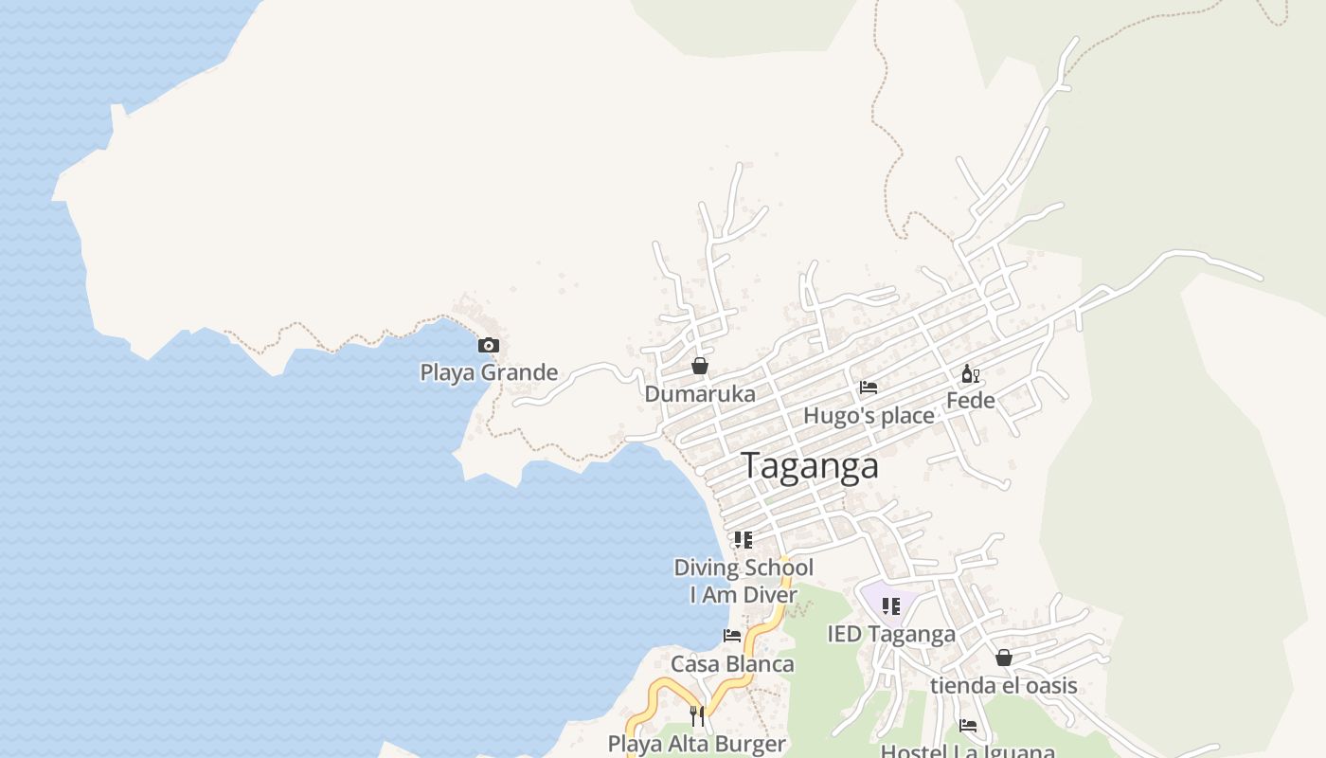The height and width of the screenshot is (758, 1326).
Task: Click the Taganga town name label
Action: tap(810, 466)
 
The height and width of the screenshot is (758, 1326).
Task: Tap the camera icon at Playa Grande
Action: tap(489, 345)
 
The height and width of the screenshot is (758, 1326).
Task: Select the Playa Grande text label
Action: tap(489, 372)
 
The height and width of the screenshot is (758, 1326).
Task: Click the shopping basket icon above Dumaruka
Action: tap(700, 366)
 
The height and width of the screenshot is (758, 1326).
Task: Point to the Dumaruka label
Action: tap(700, 394)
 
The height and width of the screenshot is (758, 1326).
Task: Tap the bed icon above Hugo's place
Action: tap(868, 388)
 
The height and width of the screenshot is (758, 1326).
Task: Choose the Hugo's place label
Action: tap(869, 416)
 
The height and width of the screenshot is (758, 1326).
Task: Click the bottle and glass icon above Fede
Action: tap(971, 374)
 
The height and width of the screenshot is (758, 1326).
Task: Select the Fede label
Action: tap(971, 401)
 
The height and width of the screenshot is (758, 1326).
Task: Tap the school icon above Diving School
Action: tap(744, 540)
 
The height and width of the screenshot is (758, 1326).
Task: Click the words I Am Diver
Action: tap(744, 595)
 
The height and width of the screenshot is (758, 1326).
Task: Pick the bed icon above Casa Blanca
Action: tap(732, 636)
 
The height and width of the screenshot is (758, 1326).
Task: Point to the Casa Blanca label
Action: tap(732, 664)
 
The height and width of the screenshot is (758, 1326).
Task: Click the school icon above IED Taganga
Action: tap(890, 605)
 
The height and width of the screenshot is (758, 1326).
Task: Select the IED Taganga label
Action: tap(891, 634)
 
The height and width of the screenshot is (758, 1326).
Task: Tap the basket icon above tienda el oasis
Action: tap(1004, 658)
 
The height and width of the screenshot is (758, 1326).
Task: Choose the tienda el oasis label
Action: tap(1004, 685)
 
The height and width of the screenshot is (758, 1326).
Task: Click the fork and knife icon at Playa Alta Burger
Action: tap(697, 715)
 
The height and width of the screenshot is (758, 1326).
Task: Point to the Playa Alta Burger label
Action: tap(697, 744)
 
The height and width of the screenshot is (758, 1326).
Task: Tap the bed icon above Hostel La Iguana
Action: tap(968, 726)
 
